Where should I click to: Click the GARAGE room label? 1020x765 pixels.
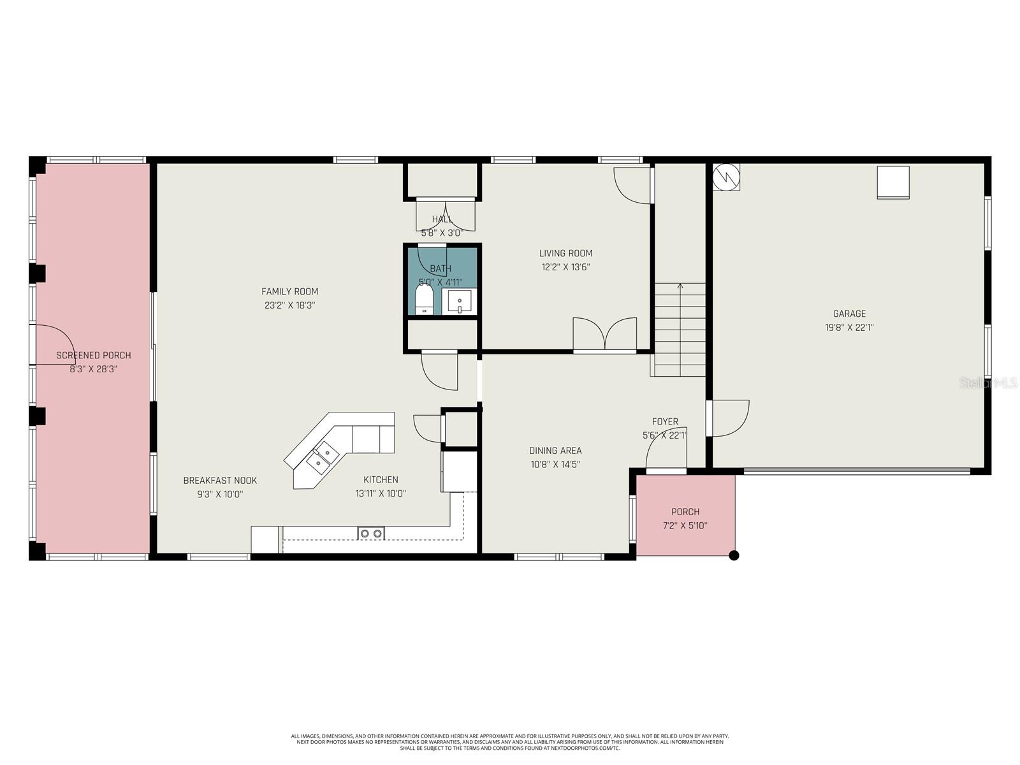pos(849,314)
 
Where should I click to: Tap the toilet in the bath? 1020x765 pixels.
pos(424,299)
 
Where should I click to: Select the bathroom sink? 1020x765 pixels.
pos(459,302)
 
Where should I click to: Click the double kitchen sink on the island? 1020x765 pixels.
pos(322,456)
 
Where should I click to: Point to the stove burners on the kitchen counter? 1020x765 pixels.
pos(371,533)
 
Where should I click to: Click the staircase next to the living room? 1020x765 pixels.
pos(680,329)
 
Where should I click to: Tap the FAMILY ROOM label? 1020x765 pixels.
pos(289,291)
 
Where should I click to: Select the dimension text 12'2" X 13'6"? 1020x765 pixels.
pos(565,267)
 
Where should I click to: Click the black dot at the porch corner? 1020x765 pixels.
pos(734,555)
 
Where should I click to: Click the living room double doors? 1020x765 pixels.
pos(604,334)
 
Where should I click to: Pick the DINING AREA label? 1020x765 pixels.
pos(555,451)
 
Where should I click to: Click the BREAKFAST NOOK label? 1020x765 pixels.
pos(220,481)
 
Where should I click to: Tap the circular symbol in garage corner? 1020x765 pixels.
pos(726,177)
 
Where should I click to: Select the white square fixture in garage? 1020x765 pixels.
pos(893,182)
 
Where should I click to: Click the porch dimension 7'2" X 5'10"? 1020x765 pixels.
pos(685,526)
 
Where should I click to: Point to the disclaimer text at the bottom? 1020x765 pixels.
pos(510,741)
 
